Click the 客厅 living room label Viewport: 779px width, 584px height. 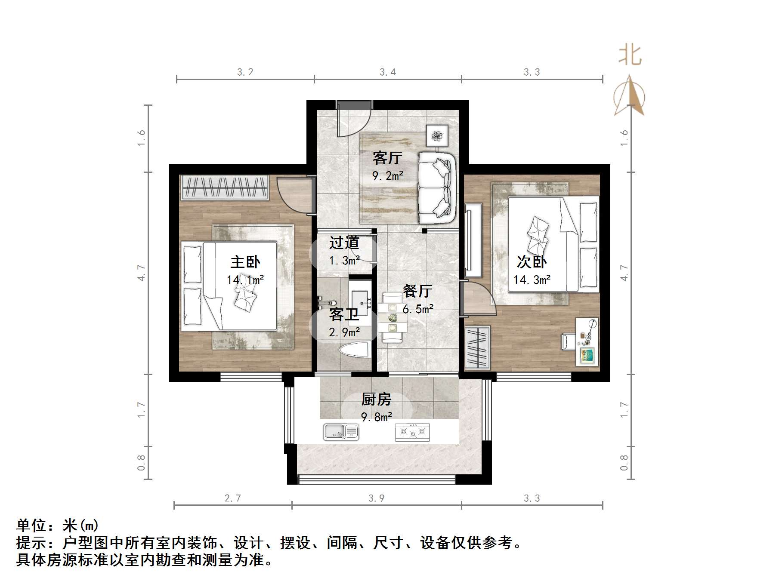[x=387, y=158]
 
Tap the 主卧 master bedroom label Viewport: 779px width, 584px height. [x=245, y=262]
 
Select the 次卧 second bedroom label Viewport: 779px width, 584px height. [x=532, y=262]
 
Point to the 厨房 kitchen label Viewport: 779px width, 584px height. [x=376, y=400]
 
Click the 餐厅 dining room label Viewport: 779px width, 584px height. [x=417, y=291]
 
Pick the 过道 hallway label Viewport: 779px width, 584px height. [x=344, y=243]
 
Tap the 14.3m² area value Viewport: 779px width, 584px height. [x=532, y=280]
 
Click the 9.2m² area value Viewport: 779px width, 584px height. [x=388, y=175]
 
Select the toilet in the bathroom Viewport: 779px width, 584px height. [x=355, y=349]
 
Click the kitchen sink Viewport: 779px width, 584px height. [x=341, y=432]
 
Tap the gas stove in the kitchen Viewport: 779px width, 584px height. [x=412, y=432]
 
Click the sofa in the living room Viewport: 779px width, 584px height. [x=437, y=188]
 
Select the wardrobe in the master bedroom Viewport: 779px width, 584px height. [x=225, y=187]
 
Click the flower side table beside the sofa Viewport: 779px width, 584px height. [x=437, y=136]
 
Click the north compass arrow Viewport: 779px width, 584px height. [x=629, y=95]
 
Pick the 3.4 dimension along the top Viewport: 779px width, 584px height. [x=388, y=72]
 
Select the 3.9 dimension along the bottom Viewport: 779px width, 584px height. [x=376, y=498]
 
